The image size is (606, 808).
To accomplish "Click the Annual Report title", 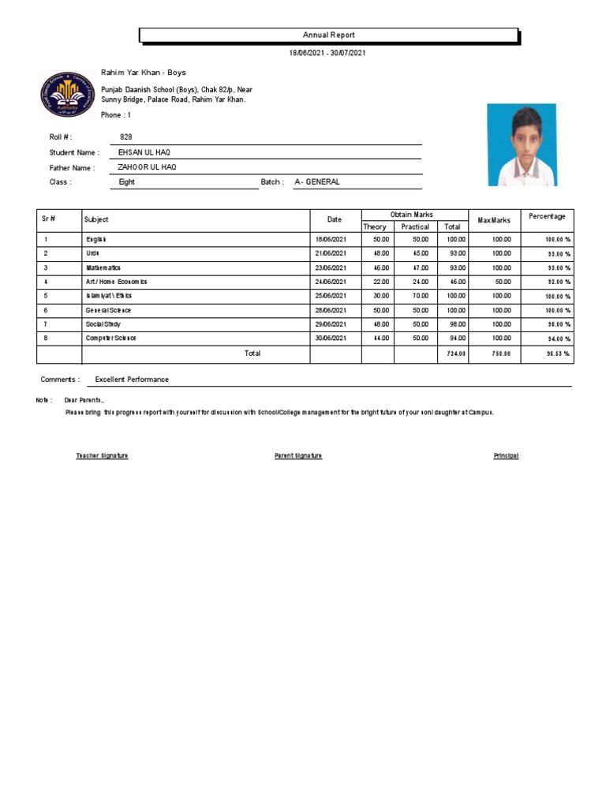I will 329,36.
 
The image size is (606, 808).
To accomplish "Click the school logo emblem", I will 66,95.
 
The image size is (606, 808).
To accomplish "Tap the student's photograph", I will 522,146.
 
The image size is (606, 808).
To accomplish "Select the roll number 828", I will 125,137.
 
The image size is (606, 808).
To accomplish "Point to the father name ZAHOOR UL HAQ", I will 147,167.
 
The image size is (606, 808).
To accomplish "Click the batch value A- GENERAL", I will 317,182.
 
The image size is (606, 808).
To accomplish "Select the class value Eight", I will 126,182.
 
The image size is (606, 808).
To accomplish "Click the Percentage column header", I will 547,216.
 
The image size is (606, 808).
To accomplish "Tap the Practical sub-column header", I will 415,226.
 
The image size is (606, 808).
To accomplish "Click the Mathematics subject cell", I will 103,268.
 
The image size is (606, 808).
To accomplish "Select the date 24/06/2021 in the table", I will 331,282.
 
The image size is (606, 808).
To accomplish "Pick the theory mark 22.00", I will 381,282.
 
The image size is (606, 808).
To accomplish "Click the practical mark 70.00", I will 420,296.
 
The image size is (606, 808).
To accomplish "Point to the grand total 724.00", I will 456,354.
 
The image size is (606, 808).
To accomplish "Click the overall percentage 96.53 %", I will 557,354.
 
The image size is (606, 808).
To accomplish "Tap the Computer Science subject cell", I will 111,338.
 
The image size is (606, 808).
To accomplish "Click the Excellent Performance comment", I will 132,380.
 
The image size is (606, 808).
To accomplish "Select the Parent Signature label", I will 297,456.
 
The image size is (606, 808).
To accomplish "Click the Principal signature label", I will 506,456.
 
